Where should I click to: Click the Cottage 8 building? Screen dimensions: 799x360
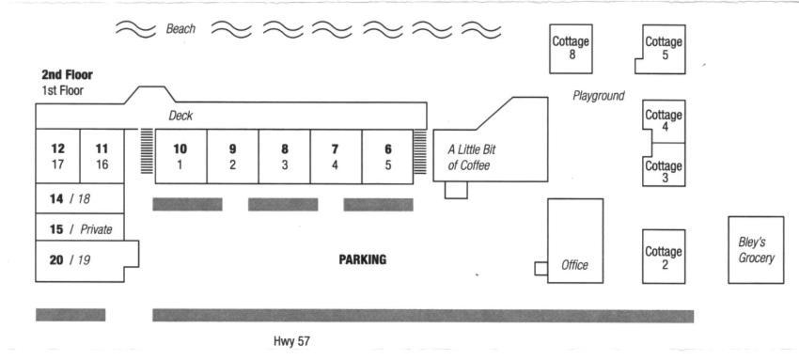(571, 48)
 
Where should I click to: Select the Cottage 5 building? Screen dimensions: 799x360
(662, 49)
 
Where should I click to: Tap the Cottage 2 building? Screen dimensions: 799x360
(664, 256)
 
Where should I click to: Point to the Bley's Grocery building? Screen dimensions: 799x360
(756, 249)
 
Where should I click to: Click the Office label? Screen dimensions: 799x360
(574, 265)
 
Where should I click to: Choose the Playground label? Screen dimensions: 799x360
(598, 96)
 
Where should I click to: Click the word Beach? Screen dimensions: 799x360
(180, 28)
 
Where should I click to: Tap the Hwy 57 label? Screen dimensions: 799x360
(291, 340)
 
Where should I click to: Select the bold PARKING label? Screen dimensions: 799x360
(362, 259)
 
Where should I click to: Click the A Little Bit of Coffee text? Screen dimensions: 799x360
(471, 158)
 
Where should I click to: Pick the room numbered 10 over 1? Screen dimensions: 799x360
(180, 156)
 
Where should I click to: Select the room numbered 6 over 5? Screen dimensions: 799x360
(387, 156)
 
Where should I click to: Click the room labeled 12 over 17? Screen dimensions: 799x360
(57, 156)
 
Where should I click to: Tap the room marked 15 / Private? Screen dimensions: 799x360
(80, 227)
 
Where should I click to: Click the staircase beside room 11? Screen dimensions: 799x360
(147, 150)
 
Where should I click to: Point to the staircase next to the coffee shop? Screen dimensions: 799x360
(420, 151)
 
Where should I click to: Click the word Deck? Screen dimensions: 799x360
(180, 117)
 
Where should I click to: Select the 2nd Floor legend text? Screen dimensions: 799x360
(67, 75)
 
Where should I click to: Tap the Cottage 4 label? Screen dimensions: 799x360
(664, 120)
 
